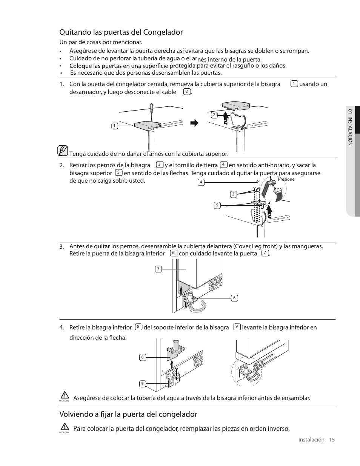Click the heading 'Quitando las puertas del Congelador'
tap(121, 32)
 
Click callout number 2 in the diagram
tap(214, 115)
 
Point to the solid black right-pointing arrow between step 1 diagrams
tap(194, 123)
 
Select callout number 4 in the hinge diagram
tap(201, 182)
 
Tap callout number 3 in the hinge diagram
tap(233, 194)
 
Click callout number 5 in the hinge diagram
tap(217, 205)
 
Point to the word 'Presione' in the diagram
tap(286, 179)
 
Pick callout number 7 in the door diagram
tap(158, 269)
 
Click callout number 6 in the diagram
tap(234, 298)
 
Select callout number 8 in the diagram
tap(142, 357)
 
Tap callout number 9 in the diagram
tap(142, 384)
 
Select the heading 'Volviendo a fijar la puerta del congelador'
tap(128, 414)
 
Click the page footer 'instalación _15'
tap(317, 440)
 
